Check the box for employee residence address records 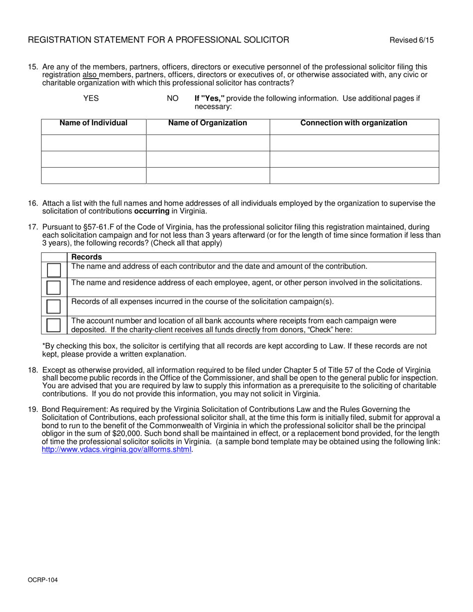coord(54,288)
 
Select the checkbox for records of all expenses coord(54,306)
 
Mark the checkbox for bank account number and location coord(54,325)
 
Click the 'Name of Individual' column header coord(94,123)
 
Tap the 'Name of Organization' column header coord(208,123)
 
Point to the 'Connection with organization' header coord(354,123)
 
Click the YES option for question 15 coord(91,99)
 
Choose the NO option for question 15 coord(172,99)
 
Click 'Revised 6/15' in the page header coord(411,40)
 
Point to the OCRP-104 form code coord(39,580)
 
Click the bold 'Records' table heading coord(87,257)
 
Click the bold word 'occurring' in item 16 coord(152,211)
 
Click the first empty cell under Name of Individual coord(94,143)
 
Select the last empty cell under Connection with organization coord(354,176)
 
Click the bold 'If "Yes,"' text coord(210,99)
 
